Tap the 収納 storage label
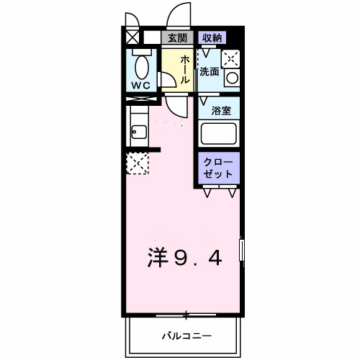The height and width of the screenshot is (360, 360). click(211, 38)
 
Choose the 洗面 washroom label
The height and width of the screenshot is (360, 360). click(210, 71)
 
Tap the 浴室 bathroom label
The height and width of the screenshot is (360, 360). click(221, 110)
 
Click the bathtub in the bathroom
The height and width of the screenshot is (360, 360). click(220, 134)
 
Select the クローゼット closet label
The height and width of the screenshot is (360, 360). click(219, 168)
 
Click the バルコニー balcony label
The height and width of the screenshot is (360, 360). click(185, 336)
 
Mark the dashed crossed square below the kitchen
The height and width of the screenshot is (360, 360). click(137, 163)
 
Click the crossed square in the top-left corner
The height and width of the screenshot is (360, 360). click(133, 37)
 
